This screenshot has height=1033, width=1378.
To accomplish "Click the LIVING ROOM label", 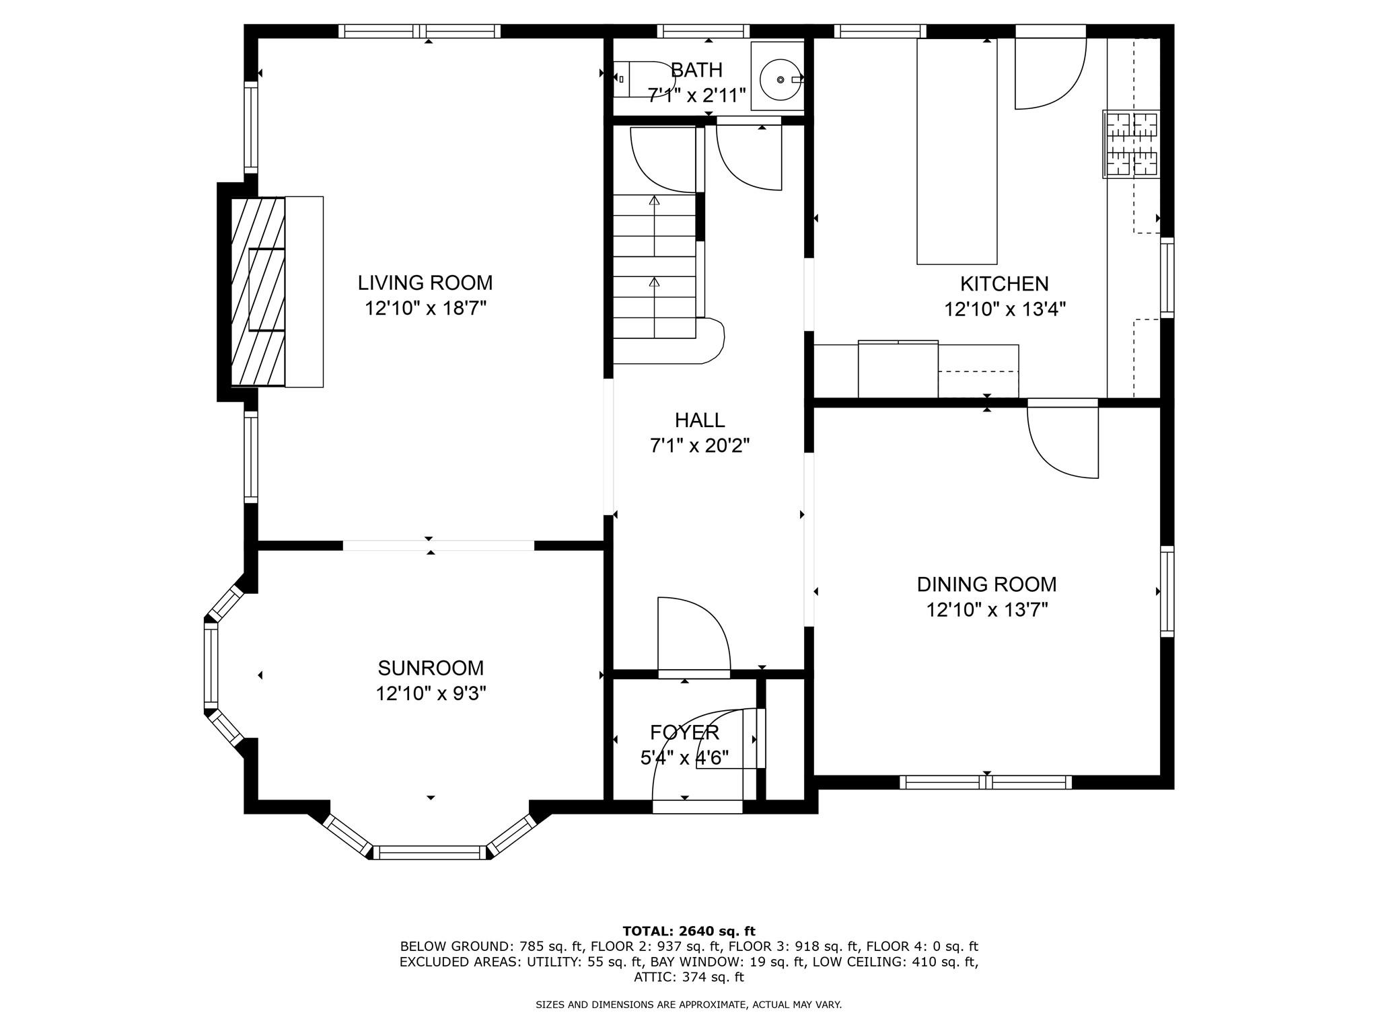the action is point(425,282).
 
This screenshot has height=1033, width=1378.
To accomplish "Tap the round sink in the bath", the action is point(781,79).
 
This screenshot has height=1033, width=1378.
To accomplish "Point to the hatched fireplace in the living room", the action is point(258,291).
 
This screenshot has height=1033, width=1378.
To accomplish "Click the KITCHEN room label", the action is point(1004,284).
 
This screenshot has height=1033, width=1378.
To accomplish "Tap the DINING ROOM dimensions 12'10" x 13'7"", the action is point(987,610).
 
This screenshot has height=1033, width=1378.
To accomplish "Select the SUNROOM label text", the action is point(431,668).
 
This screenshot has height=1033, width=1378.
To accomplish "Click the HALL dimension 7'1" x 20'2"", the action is point(700,445).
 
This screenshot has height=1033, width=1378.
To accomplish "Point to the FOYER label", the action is point(684,732).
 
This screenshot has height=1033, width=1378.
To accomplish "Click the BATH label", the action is point(696,70).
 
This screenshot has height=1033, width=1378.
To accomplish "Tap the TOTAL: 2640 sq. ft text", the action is point(689,931).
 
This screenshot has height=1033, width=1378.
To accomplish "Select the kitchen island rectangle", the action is point(957,151).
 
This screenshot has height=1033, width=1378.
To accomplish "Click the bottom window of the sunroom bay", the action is point(430,853).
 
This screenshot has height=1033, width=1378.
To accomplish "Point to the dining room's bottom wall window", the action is point(986,782).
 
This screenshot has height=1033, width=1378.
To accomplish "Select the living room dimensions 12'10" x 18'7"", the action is point(425,308).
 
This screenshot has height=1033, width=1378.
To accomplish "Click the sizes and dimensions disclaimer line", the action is point(688,1005).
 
